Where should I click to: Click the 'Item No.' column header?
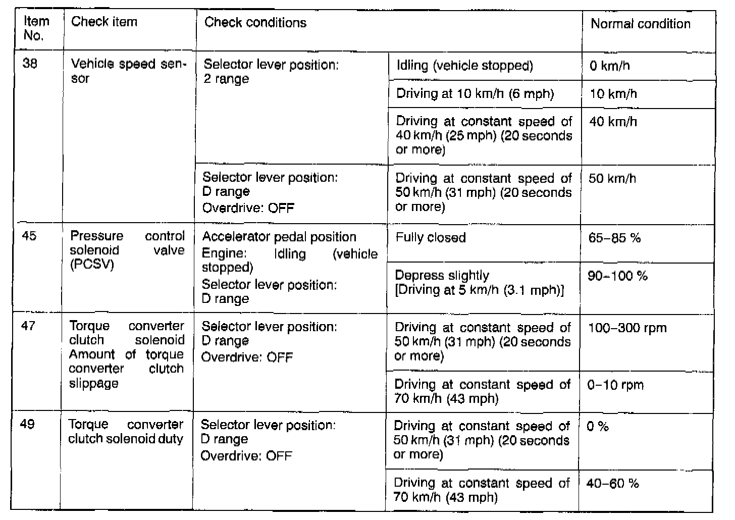coord(36,28)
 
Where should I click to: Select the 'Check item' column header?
coord(104,22)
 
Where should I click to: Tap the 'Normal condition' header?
coord(640,24)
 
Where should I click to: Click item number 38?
coord(30,64)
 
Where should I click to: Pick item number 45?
coord(29,236)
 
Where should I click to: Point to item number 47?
coord(28,326)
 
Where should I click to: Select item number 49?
coord(27,424)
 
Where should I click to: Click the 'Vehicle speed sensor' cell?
coord(128,71)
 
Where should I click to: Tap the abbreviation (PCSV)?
coord(92,265)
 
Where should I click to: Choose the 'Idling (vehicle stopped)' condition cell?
coord(464,66)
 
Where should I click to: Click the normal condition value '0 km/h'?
coord(609,66)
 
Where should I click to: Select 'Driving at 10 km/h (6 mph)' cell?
coord(475,93)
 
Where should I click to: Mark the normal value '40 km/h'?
coord(613,122)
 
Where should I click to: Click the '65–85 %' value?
coord(614,238)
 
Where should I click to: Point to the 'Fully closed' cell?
coord(430,238)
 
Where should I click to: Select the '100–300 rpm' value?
coord(627,328)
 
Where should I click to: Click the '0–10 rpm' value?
coord(615,385)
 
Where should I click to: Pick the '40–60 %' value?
coord(612,484)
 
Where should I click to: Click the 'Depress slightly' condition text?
coord(442,276)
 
